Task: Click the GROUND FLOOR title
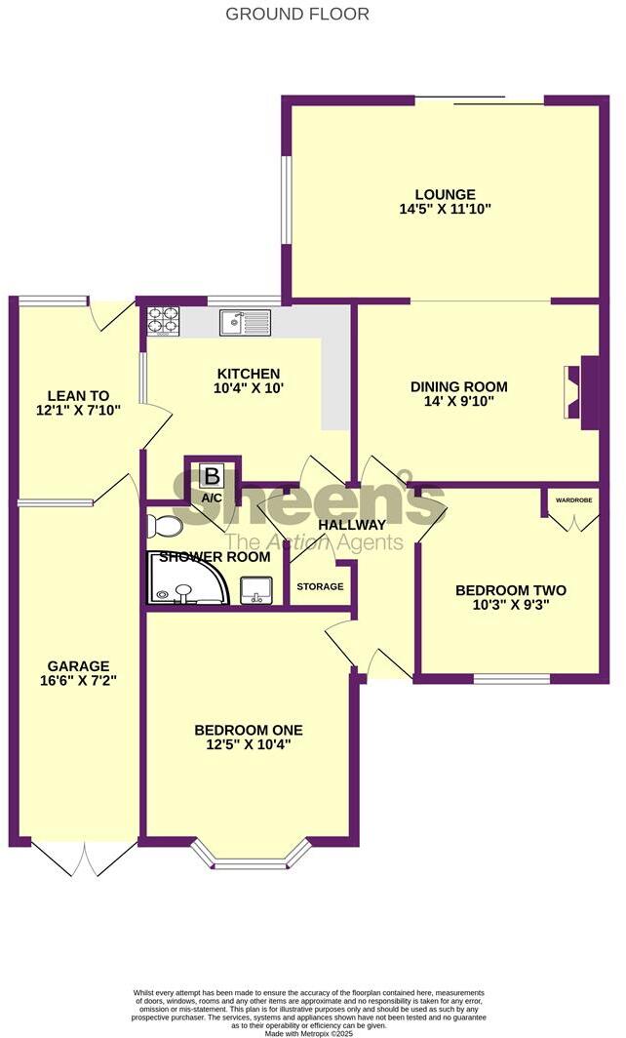(x=297, y=14)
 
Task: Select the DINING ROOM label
(x=458, y=386)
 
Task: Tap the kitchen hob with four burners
(x=163, y=322)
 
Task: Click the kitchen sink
(x=244, y=321)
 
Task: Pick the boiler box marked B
(x=212, y=477)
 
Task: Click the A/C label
(x=212, y=498)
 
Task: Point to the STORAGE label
(x=320, y=586)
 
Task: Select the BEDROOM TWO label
(x=511, y=590)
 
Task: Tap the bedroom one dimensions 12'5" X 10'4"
(x=248, y=744)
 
